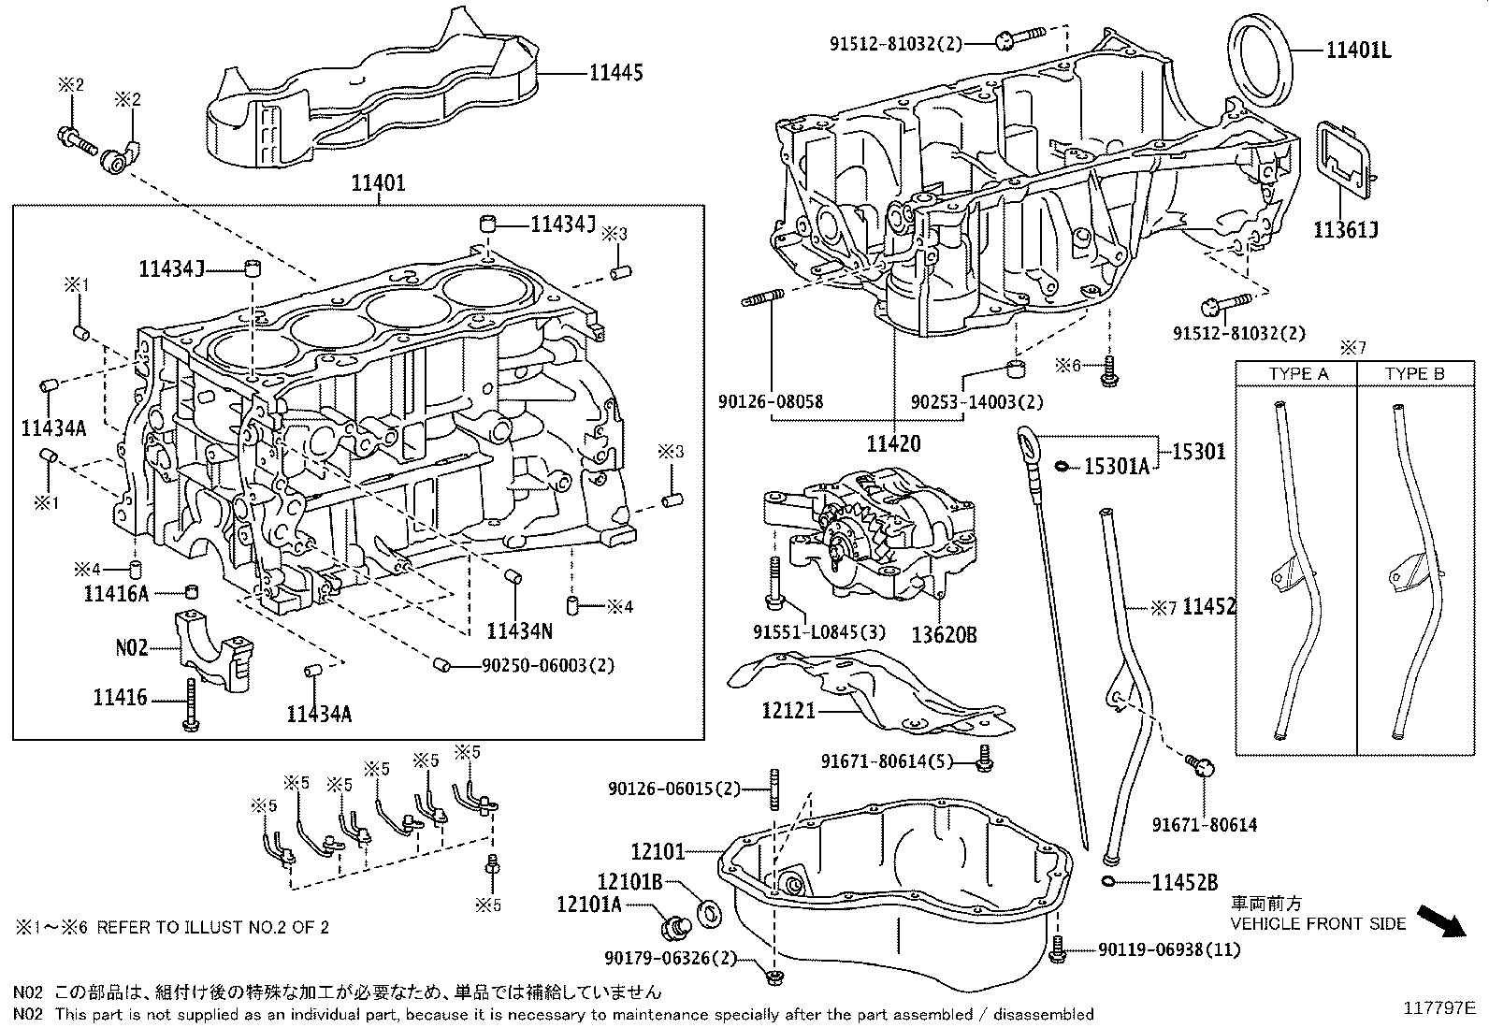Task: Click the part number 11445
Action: [x=615, y=72]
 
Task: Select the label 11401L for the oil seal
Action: [x=1358, y=51]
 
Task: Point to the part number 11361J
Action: [x=1346, y=229]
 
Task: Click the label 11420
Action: [x=893, y=443]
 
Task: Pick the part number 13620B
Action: [x=945, y=634]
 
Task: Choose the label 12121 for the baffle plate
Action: [x=788, y=711]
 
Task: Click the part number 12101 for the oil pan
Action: [x=658, y=851]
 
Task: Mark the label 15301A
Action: [x=1116, y=466]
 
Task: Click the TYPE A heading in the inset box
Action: [x=1298, y=374]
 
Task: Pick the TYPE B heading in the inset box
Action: [x=1414, y=374]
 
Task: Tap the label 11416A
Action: [x=116, y=593]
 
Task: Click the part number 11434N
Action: [x=519, y=631]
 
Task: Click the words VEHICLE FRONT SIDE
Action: [x=1318, y=923]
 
